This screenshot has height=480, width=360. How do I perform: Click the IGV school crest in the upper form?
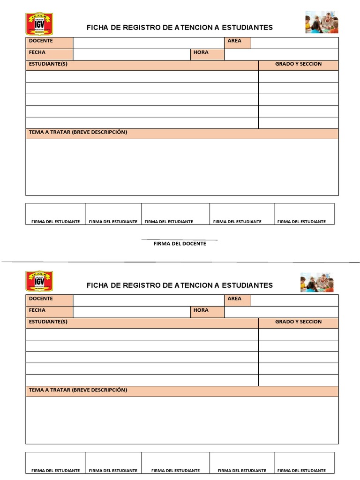[x=38, y=23]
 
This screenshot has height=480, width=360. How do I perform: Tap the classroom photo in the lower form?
[x=317, y=282]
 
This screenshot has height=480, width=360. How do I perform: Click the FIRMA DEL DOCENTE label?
[x=180, y=243]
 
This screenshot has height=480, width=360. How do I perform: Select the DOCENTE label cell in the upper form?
[x=49, y=43]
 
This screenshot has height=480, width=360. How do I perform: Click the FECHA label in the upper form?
[x=49, y=54]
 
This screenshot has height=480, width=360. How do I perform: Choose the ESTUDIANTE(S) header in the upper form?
[x=142, y=65]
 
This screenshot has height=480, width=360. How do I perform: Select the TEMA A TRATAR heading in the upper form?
[x=182, y=134]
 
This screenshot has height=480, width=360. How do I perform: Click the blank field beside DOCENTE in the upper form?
[x=149, y=43]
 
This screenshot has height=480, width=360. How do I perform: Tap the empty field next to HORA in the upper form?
[x=281, y=54]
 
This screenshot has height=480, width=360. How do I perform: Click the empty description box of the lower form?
[x=182, y=420]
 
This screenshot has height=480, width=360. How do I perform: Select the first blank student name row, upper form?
[x=142, y=76]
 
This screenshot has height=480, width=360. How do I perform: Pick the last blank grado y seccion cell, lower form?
[x=298, y=380]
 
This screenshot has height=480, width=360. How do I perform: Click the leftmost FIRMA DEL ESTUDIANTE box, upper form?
[x=56, y=214]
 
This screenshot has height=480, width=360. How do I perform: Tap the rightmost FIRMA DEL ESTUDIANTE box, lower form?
[x=304, y=463]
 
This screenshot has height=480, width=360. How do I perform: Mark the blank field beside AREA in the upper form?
[x=294, y=43]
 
